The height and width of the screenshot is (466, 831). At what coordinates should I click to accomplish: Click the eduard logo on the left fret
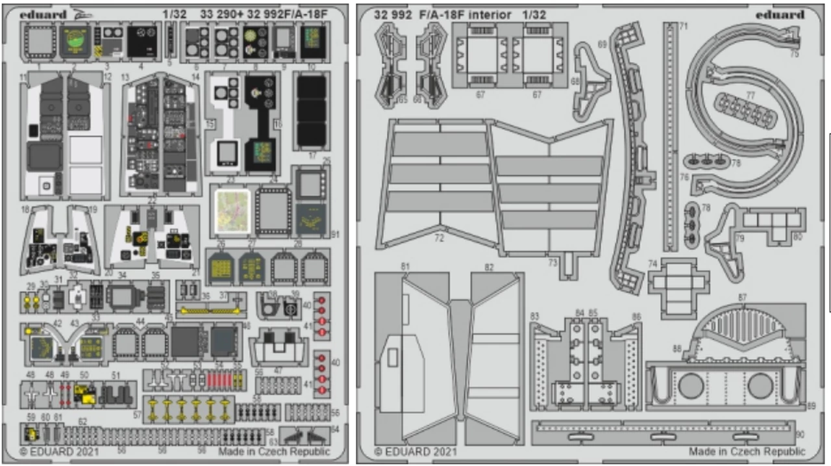tap(43, 14)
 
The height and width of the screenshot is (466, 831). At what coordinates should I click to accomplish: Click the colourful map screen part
tap(233, 210)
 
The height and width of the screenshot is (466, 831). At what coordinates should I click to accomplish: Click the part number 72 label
tap(440, 239)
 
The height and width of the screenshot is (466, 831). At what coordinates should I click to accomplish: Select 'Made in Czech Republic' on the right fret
tap(747, 451)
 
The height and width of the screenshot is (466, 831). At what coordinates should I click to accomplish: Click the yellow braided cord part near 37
tap(210, 310)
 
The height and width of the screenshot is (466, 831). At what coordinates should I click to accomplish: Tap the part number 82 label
tap(489, 267)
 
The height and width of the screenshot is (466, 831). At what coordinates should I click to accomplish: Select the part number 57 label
tap(137, 415)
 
